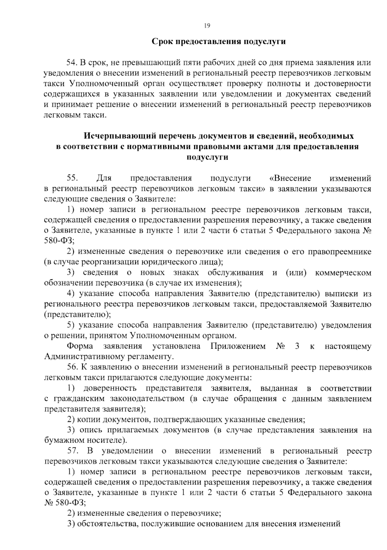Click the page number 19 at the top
click(207, 26)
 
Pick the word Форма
click(80, 346)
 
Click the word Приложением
click(238, 346)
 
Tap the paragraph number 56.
click(72, 367)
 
